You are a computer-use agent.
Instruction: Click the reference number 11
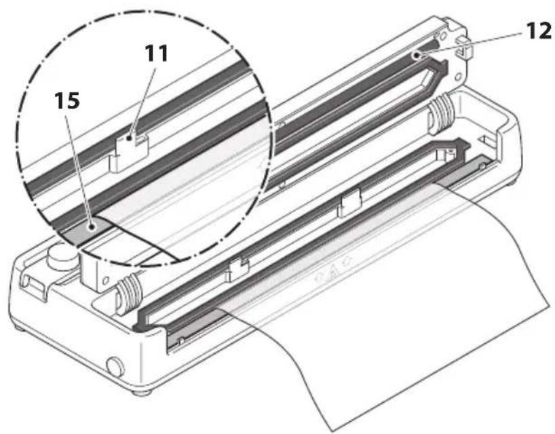pyautogui.click(x=156, y=54)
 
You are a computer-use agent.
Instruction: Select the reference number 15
pyautogui.click(x=67, y=101)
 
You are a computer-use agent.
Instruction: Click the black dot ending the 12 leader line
pyautogui.click(x=417, y=55)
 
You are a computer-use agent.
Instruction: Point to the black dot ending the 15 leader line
pyautogui.click(x=92, y=227)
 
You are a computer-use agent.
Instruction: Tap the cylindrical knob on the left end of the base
pyautogui.click(x=62, y=260)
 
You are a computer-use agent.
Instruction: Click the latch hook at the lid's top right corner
pyautogui.click(x=464, y=47)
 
